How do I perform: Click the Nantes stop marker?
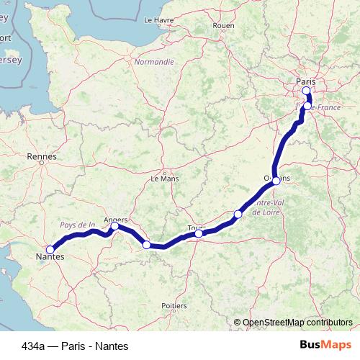click(x=50, y=249)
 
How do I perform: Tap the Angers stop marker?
click(x=115, y=226)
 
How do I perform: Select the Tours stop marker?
click(x=199, y=233)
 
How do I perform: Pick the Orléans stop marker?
click(x=276, y=181)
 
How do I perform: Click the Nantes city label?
click(x=50, y=256)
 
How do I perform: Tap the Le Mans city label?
click(x=163, y=177)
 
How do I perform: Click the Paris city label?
click(x=306, y=81)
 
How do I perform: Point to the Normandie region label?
click(x=154, y=62)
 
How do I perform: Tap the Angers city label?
click(x=115, y=219)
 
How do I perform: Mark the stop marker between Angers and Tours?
click(x=147, y=245)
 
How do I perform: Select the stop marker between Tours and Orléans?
click(x=238, y=214)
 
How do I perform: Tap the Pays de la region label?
click(x=78, y=225)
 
